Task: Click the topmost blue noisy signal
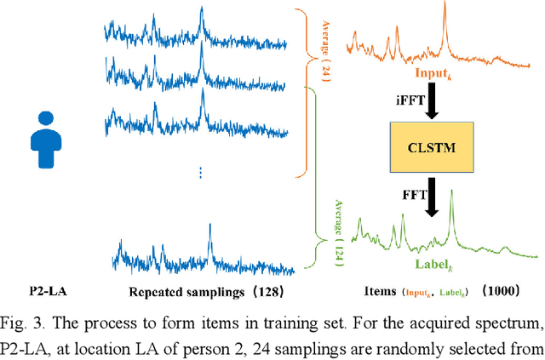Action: click(x=199, y=31)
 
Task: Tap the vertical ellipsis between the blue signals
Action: click(x=200, y=173)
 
